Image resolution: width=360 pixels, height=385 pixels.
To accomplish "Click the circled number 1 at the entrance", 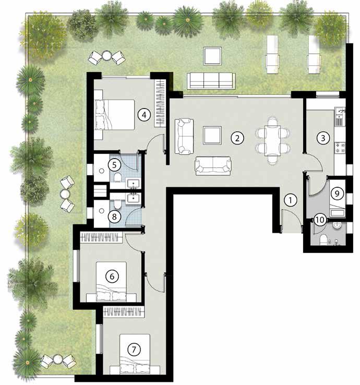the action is click(291, 200).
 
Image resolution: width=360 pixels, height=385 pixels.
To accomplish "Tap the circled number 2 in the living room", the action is click(237, 138).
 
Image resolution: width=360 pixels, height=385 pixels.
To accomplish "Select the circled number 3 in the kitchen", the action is click(323, 138).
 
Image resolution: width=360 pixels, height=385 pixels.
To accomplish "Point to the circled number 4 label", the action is click(144, 115).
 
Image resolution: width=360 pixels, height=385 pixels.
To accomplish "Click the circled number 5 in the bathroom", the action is click(114, 165).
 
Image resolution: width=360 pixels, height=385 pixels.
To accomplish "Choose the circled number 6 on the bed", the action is click(112, 276).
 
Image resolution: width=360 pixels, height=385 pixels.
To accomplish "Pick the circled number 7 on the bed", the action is click(134, 350).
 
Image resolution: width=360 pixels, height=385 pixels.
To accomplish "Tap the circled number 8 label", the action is click(114, 216).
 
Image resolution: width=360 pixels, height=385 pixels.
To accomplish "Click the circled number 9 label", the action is click(337, 194).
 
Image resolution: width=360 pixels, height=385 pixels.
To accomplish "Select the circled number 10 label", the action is click(320, 220).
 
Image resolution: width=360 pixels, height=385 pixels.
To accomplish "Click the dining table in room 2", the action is click(272, 141).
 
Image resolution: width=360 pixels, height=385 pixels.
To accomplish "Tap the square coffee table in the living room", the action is click(212, 136).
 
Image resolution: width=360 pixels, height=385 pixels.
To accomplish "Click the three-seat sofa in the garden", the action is click(211, 81).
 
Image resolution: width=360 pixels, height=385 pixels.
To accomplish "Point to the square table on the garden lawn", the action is click(212, 56).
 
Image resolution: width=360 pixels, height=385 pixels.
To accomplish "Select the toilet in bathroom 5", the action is click(117, 177).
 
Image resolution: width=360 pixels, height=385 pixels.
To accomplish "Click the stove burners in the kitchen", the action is click(340, 148).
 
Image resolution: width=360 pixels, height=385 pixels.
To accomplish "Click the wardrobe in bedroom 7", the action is click(124, 312).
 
